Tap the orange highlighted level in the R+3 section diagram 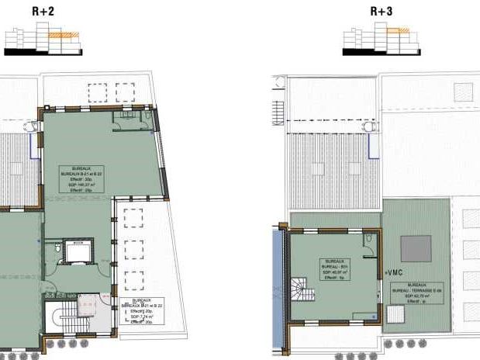coord(399,30)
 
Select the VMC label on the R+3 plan coord(394,272)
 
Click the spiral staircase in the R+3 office coord(301,294)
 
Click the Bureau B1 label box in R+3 coord(334,269)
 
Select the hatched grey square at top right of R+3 coord(465,88)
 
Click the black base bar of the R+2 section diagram coord(43,52)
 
